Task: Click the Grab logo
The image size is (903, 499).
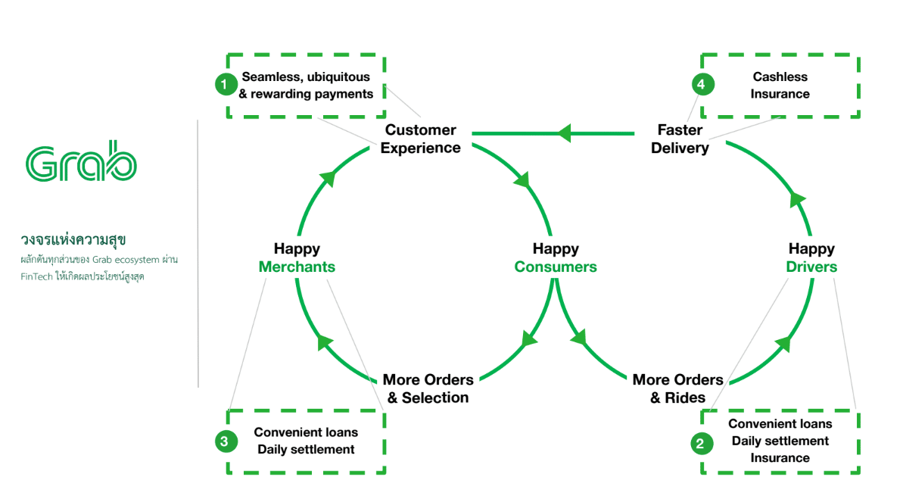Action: pos(81,161)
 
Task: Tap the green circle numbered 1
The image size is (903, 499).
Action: pos(226,85)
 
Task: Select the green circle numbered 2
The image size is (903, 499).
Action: pos(700,443)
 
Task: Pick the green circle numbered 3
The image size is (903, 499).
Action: pos(226,441)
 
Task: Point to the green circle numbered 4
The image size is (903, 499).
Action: pos(700,85)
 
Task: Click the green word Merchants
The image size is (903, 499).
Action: pos(297,267)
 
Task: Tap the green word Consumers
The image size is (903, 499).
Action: pos(556,267)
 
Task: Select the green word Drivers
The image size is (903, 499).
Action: pos(811,267)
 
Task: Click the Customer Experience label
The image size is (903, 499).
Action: pos(420,139)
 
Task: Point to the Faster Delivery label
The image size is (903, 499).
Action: pos(680,139)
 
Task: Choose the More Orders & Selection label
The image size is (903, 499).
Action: pos(428,388)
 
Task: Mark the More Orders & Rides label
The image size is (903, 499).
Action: pos(677,388)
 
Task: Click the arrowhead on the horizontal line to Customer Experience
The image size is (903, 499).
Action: pos(564,134)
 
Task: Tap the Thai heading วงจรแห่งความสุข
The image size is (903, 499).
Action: pos(73,240)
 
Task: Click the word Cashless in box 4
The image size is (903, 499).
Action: pos(780,76)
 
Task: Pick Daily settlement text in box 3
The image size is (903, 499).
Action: pos(306,449)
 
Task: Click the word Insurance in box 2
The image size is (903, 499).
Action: pos(780,457)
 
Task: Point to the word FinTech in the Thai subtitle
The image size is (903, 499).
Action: pos(36,276)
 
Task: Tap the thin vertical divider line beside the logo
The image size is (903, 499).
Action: pos(198,254)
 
